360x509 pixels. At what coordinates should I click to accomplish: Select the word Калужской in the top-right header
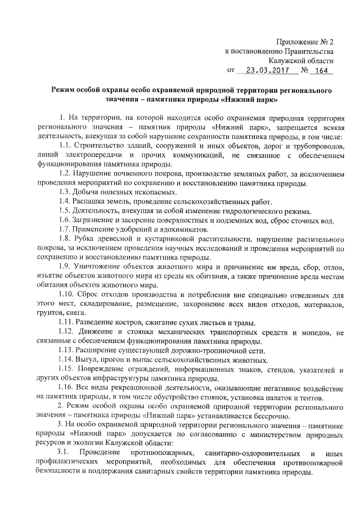point(286,61)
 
